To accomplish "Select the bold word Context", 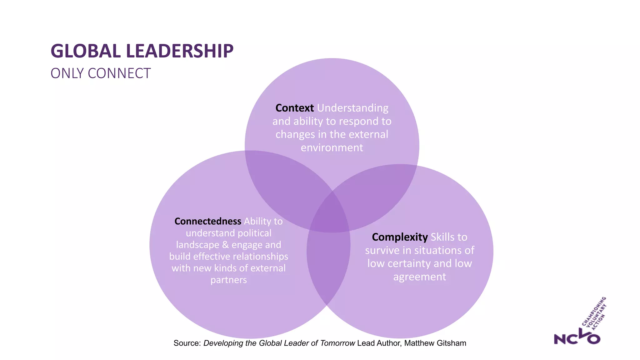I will (x=294, y=108).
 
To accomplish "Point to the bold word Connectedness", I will (x=207, y=221).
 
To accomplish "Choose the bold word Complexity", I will (x=400, y=237).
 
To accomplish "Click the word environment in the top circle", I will (x=332, y=147).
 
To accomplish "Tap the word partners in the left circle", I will (x=228, y=280).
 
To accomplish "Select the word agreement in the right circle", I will (x=420, y=277).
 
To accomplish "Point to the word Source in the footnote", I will (x=187, y=343).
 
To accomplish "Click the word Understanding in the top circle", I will (x=352, y=108).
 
